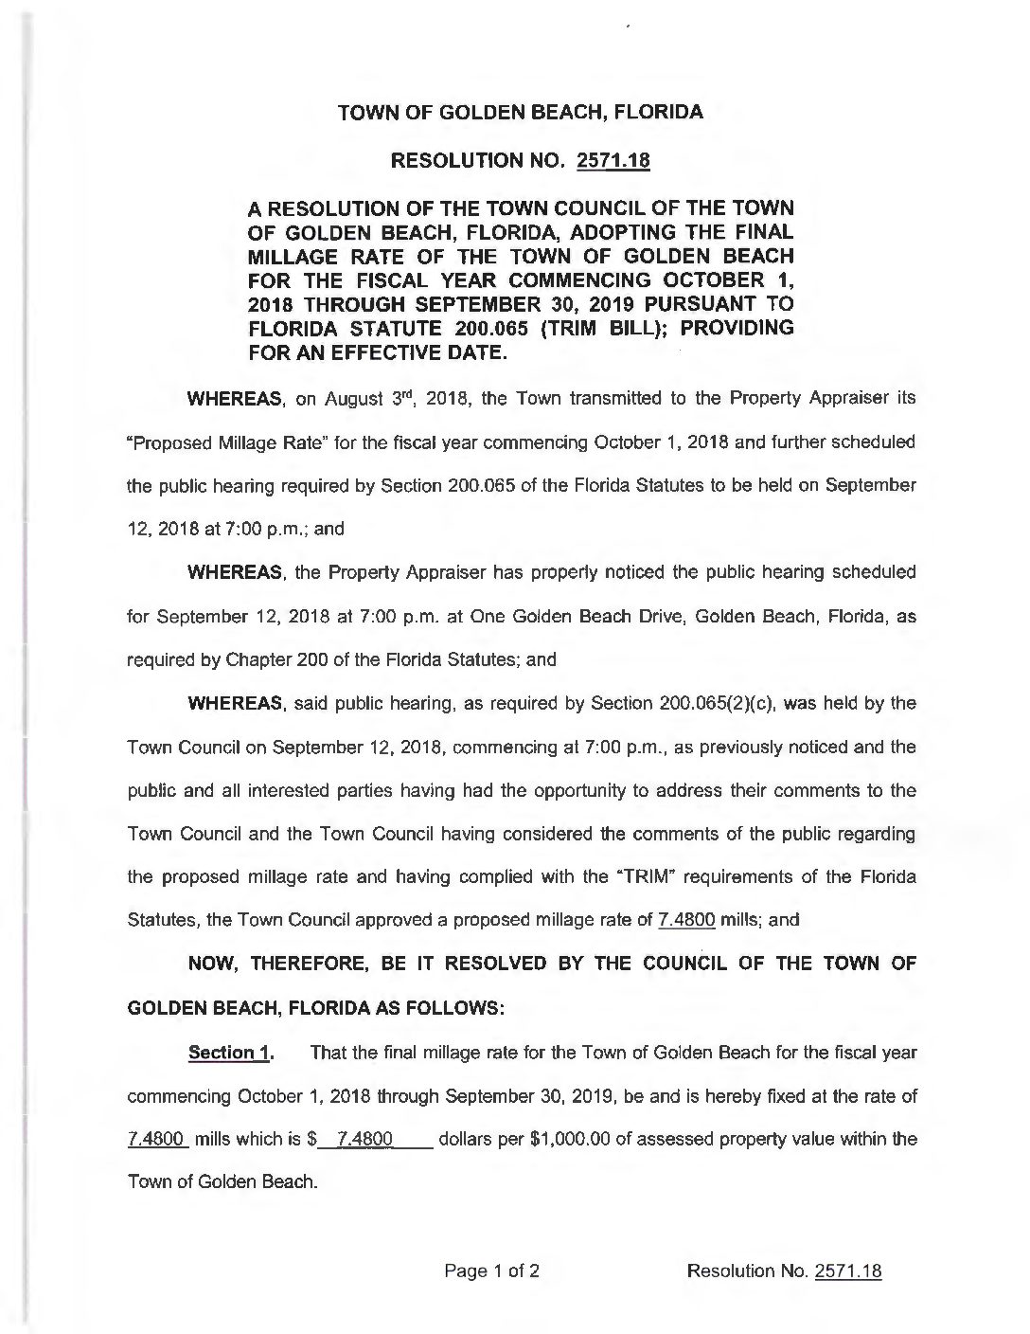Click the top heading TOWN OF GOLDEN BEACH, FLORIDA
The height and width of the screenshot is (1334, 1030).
[x=521, y=112]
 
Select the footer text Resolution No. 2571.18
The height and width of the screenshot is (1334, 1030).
[x=785, y=1271]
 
